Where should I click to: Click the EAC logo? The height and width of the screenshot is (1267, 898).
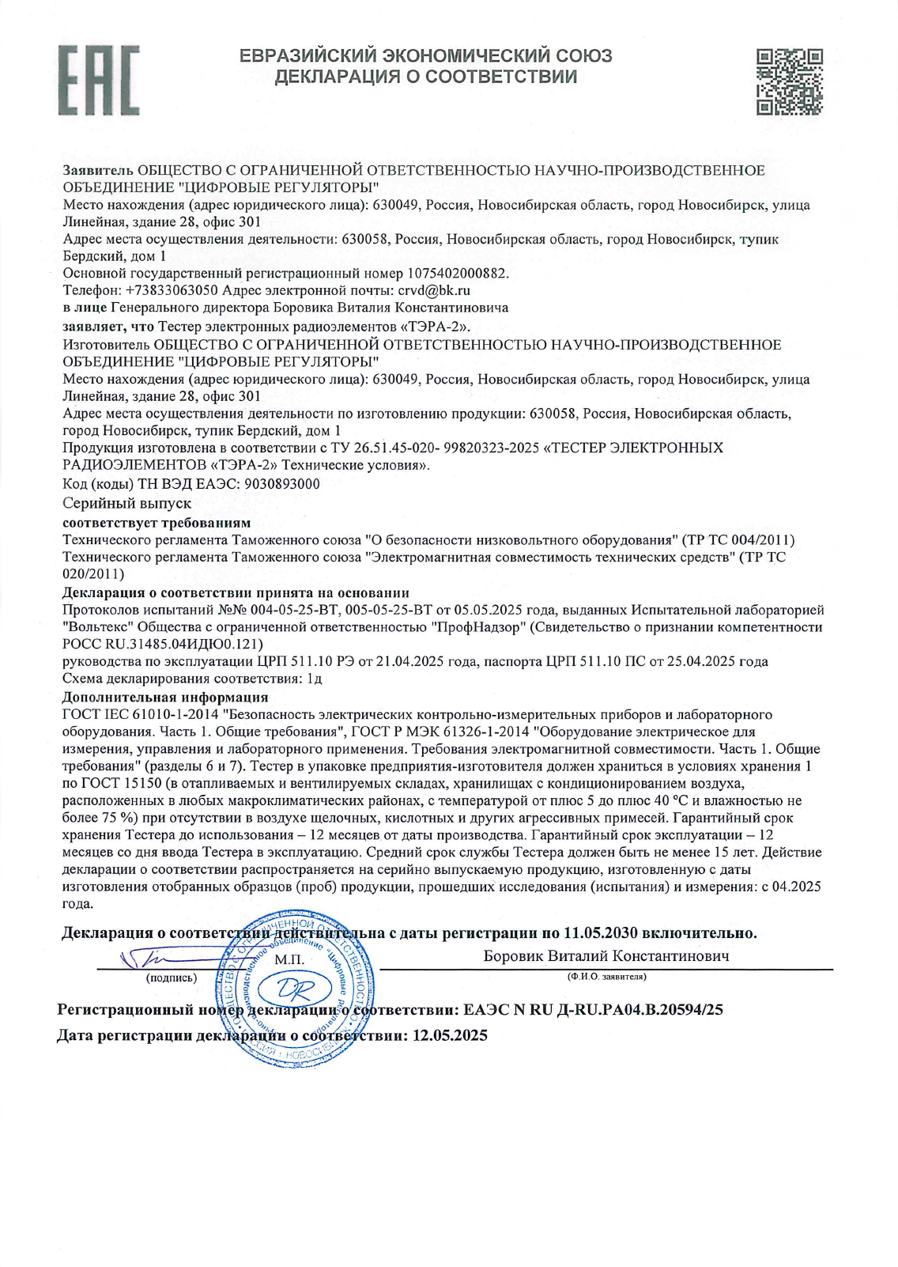tap(99, 79)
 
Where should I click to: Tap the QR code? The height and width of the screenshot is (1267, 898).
tap(789, 81)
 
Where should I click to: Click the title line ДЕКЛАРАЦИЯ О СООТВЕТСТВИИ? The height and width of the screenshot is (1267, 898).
tap(426, 77)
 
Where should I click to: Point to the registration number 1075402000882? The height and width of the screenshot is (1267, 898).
tap(457, 273)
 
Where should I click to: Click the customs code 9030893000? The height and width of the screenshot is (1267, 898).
tap(282, 484)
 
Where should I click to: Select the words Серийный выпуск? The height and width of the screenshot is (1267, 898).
tap(126, 503)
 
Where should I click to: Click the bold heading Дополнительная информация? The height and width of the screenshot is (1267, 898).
tap(165, 697)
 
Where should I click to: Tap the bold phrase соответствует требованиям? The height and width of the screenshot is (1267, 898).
tap(157, 523)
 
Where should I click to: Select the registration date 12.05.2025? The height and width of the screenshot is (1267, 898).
tap(450, 1035)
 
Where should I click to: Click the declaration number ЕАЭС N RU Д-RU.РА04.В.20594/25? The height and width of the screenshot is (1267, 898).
tap(593, 1010)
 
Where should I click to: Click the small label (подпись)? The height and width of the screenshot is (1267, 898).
tap(172, 978)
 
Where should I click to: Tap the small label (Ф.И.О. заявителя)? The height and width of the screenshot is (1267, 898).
tap(606, 977)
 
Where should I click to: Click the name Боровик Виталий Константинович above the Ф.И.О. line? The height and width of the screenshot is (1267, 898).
tap(606, 956)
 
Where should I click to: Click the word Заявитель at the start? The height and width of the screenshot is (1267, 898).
tap(98, 170)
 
